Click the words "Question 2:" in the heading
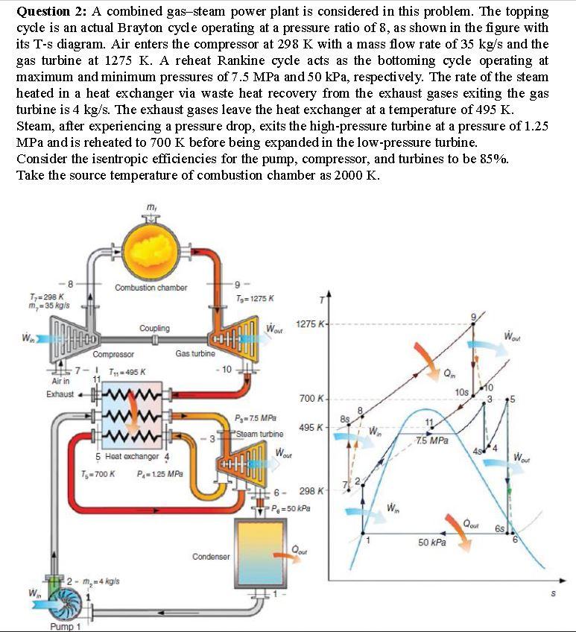point(48,13)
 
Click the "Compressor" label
point(113,355)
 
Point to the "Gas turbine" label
point(195,355)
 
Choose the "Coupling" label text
point(154,328)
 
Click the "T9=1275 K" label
point(253,299)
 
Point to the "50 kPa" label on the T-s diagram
point(431,543)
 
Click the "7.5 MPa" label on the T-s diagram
point(433,440)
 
